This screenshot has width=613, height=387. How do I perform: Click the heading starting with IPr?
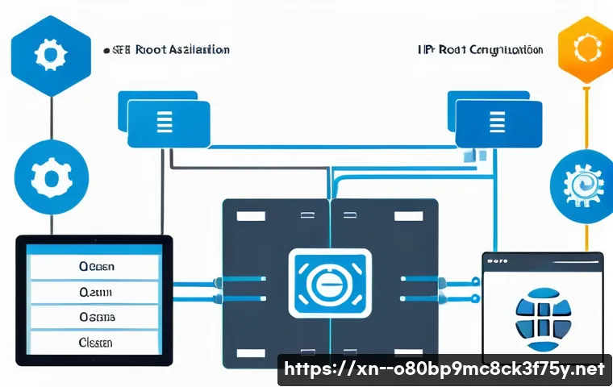pyautogui.click(x=480, y=50)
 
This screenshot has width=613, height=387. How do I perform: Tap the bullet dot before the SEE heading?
pyautogui.click(x=106, y=50)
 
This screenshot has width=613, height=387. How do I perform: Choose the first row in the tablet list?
pyautogui.click(x=96, y=265)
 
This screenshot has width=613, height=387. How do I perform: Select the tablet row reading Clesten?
pyautogui.click(x=96, y=342)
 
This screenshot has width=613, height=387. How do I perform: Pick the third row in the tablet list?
pyautogui.click(x=96, y=317)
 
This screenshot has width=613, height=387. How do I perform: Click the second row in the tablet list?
pyautogui.click(x=96, y=291)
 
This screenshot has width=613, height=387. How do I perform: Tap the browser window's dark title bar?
pyautogui.click(x=542, y=260)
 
